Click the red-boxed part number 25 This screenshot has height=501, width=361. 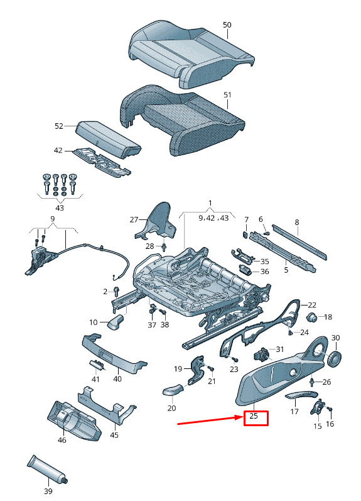point(254,416)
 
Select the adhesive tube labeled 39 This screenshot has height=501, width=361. point(48,468)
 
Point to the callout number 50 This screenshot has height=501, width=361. point(227,25)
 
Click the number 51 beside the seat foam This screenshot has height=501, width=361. point(227,95)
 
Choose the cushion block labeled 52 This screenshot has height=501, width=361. point(108,140)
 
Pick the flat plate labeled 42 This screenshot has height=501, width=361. point(102,162)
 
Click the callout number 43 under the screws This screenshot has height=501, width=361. point(60,208)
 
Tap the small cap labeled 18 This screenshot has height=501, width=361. point(311,317)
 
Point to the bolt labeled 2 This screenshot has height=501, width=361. point(116,291)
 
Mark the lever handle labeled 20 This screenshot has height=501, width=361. point(173,390)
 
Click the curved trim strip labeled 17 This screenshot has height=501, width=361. point(301,395)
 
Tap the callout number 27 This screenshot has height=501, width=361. point(134,219)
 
